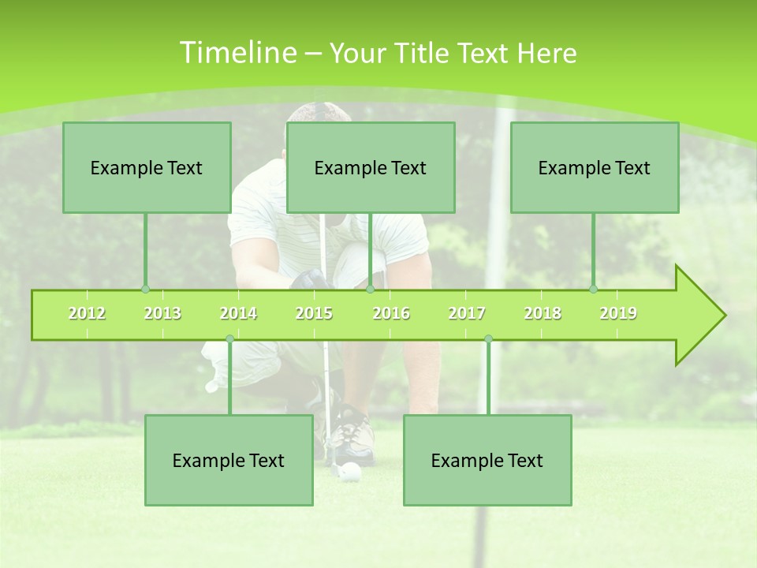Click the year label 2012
pos(87,313)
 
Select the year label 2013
pos(162,313)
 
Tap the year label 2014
pos(238,313)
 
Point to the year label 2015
pos(314,313)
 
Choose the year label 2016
pos(391,313)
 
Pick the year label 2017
pos(467,313)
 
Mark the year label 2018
pos(543,313)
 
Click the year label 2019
pos(618,313)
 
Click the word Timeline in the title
pos(237,53)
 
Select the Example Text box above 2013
pos(147,167)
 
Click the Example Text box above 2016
pos(371,167)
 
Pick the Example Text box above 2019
pos(595,167)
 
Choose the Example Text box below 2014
pos(229,460)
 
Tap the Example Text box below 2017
pos(487,460)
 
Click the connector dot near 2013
pos(145,289)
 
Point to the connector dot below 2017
pos(488,339)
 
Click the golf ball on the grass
pos(351,472)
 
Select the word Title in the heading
pos(423,53)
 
